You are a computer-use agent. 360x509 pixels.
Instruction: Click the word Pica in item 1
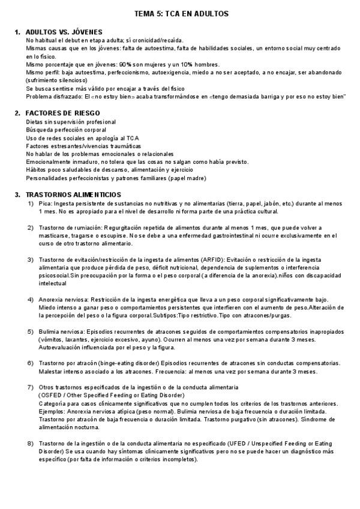coord(45,204)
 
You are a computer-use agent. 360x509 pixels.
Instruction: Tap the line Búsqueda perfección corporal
coord(63,130)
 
